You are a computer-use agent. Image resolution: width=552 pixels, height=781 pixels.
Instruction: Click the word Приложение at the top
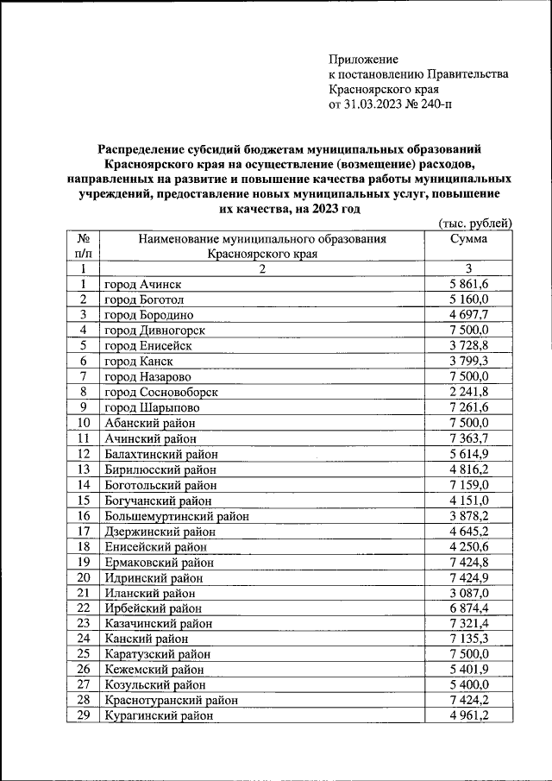point(363,60)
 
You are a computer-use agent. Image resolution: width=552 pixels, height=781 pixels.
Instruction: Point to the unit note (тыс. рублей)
point(475,223)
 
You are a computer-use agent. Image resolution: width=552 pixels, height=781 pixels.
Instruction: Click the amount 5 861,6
point(469,284)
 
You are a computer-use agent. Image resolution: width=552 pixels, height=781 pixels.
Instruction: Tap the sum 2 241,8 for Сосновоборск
point(469,392)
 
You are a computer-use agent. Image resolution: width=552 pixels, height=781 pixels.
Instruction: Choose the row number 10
point(84,423)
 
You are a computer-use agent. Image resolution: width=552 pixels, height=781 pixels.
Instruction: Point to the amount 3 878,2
point(469,516)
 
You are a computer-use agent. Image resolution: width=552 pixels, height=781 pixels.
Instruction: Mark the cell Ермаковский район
point(160,562)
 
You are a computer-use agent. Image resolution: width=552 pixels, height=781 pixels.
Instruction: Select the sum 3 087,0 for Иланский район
point(469,593)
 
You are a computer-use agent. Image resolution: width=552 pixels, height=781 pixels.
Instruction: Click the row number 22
point(84,608)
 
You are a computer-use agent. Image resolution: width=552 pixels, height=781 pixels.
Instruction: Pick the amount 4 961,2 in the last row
point(469,715)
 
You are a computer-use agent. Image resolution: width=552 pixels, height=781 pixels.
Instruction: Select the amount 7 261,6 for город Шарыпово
point(469,407)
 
